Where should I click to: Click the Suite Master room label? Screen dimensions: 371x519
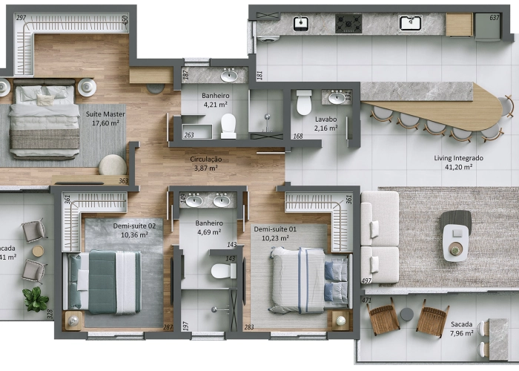[x=105, y=114]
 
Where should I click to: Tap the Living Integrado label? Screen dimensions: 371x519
[x=458, y=158]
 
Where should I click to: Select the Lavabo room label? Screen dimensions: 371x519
[x=325, y=119]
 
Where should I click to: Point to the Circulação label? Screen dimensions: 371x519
[x=205, y=159]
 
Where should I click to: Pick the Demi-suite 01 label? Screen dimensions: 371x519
[x=275, y=229]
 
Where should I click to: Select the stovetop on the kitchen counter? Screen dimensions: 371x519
[x=348, y=24]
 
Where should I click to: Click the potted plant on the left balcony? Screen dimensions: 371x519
[x=34, y=299]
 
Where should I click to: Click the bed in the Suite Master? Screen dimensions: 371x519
[x=44, y=122]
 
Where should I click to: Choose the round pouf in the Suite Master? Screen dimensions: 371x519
[x=112, y=165]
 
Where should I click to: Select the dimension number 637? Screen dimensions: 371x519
[x=495, y=18]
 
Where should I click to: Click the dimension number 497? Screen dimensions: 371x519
[x=366, y=281]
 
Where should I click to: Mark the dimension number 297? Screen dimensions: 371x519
[x=21, y=18]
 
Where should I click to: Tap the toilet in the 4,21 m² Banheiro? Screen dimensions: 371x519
[x=228, y=125]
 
